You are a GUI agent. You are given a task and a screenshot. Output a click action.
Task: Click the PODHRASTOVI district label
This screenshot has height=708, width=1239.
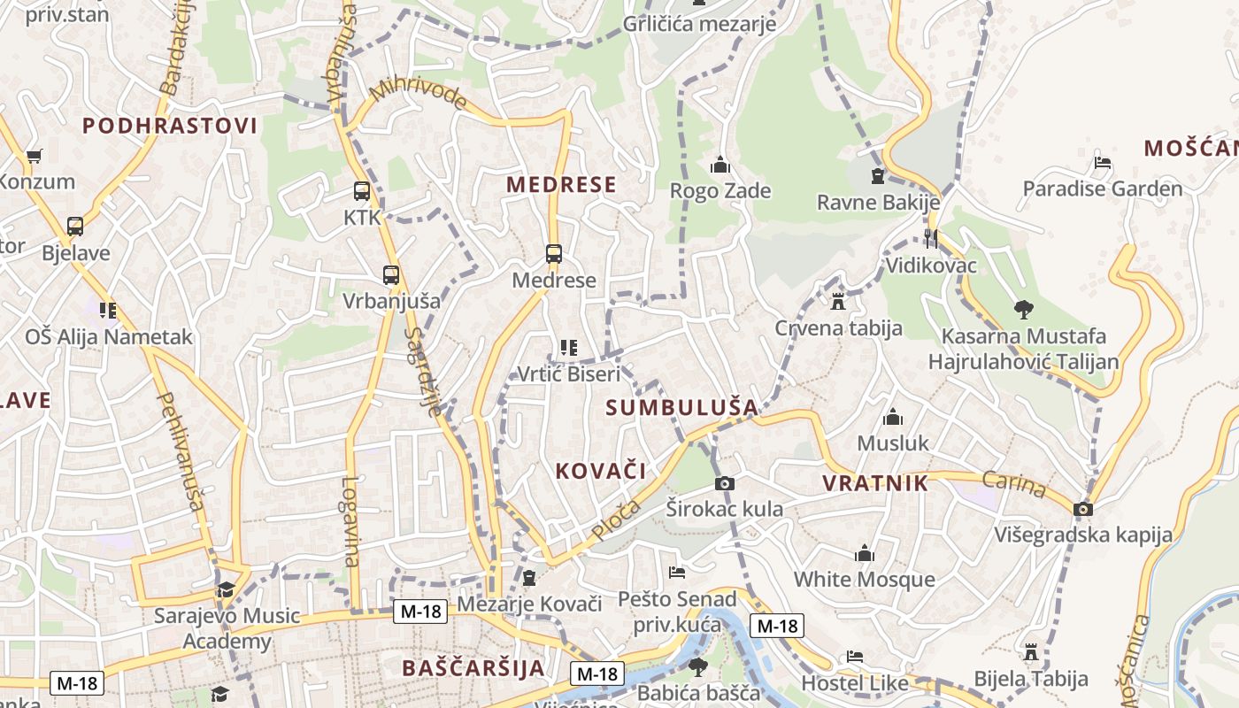click(170, 126)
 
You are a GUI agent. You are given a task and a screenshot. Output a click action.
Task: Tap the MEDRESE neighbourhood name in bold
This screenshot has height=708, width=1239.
click(561, 185)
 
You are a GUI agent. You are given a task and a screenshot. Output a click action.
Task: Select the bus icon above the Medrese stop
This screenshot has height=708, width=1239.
click(554, 255)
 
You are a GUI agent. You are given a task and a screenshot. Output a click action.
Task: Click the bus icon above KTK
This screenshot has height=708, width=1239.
click(362, 191)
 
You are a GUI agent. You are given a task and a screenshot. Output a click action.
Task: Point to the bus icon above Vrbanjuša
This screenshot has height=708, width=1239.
click(391, 275)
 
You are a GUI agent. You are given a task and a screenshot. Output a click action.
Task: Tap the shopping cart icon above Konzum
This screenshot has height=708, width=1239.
click(35, 157)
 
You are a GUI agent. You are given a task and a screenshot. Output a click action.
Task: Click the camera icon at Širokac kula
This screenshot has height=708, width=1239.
click(725, 483)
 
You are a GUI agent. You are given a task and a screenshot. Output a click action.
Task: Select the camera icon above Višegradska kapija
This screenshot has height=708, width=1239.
click(1083, 509)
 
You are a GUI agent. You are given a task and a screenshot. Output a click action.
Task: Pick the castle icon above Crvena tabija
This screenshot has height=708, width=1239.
click(838, 302)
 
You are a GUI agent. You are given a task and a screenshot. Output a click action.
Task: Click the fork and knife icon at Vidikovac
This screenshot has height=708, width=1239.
click(930, 238)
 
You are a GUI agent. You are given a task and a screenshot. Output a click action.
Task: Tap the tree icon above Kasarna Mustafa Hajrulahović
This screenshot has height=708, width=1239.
click(1024, 310)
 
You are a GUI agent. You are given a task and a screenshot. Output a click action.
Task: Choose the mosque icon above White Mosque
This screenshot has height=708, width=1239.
click(865, 554)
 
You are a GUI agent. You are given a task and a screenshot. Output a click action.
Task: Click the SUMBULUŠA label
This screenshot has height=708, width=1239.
click(682, 408)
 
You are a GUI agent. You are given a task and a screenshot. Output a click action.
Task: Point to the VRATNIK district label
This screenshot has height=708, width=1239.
click(875, 483)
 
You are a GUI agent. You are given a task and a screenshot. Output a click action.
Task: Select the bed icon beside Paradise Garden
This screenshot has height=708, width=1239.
click(1103, 163)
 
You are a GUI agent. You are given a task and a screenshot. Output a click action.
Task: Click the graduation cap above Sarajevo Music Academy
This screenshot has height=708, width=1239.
click(227, 589)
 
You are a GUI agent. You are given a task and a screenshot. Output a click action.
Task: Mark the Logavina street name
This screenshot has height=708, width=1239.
click(350, 522)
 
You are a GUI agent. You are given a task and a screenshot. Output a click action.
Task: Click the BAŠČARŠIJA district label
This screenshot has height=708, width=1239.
click(473, 668)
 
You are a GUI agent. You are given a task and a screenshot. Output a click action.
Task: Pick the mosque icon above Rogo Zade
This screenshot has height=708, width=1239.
click(720, 165)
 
